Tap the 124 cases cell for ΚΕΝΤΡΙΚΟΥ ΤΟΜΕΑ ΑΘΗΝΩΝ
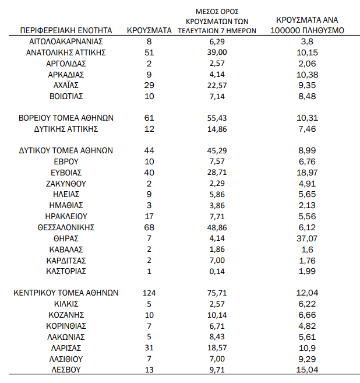[x=149, y=293]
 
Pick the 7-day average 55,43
[x=217, y=118]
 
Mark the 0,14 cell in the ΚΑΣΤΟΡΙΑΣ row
[x=217, y=271]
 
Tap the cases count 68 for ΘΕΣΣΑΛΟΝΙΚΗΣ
[x=149, y=227]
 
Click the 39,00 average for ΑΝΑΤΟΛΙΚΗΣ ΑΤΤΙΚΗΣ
[x=217, y=52]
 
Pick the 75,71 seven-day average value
[x=217, y=293]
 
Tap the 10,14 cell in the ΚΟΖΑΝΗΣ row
[x=217, y=315]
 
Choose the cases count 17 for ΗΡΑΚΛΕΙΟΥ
[x=149, y=216]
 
